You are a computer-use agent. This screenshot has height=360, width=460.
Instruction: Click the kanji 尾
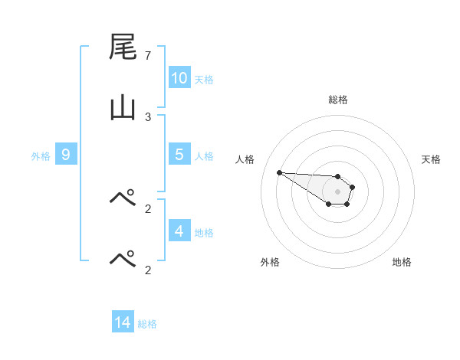[x=123, y=47]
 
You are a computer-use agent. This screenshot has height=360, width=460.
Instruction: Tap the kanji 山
[x=123, y=109]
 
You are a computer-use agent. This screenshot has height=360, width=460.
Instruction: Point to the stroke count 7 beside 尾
[x=148, y=56]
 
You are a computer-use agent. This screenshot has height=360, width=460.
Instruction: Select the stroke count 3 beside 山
[x=148, y=117]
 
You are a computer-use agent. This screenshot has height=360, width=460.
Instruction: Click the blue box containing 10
[x=179, y=77]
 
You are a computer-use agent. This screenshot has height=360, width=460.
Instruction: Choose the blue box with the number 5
[x=179, y=154]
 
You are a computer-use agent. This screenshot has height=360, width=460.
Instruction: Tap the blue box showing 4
[x=179, y=231]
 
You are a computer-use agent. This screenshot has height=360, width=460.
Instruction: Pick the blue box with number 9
[x=66, y=154]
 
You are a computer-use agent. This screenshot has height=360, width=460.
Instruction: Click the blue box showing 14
[x=123, y=322]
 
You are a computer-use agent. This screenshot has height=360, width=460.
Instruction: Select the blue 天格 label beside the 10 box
[x=204, y=79]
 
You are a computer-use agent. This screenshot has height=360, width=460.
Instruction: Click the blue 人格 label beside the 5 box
[x=204, y=155]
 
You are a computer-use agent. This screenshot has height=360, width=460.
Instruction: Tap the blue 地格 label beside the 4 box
[x=204, y=232]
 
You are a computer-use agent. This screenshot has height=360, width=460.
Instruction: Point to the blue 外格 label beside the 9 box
[x=41, y=155]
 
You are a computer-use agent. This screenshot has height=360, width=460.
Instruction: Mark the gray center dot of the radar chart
[x=337, y=191]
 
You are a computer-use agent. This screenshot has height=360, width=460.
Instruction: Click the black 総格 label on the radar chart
[x=337, y=100]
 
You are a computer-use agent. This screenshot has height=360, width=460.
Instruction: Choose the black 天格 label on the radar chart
[x=431, y=159]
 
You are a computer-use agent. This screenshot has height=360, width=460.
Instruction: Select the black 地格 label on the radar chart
[x=402, y=262]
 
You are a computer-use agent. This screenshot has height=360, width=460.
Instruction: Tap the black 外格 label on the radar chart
[x=270, y=262]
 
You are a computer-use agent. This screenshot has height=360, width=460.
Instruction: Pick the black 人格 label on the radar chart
[x=245, y=159]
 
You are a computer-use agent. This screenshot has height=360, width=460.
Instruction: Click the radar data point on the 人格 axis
[x=279, y=172]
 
